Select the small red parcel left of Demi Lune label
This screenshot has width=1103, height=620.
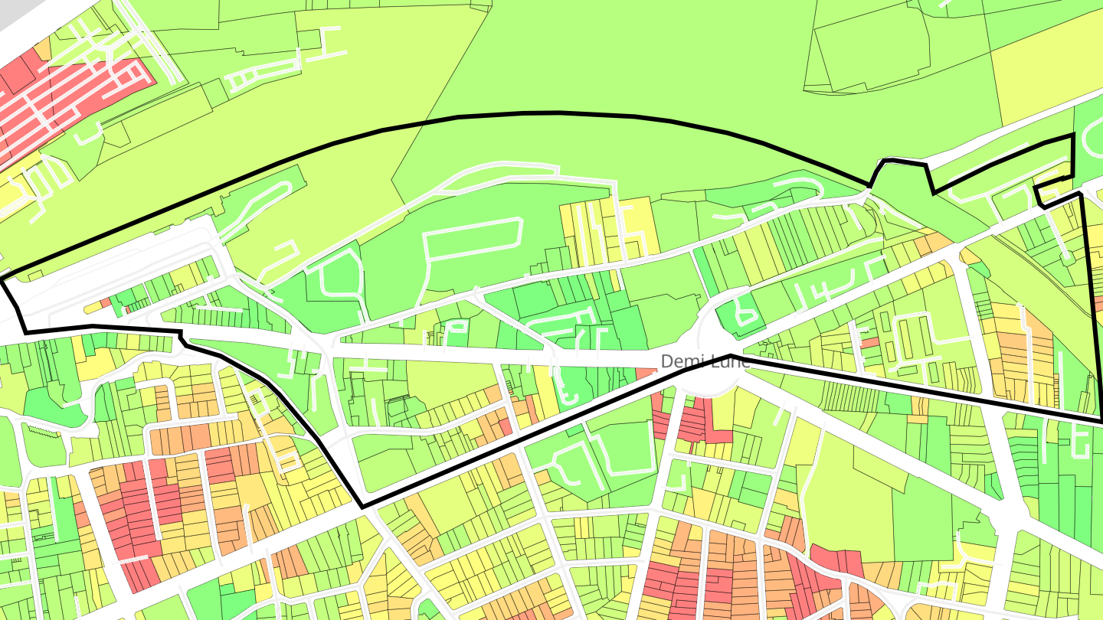[x=645, y=373]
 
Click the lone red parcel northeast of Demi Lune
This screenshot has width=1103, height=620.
[x=869, y=342]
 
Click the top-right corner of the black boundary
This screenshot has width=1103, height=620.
[x=1072, y=136]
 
